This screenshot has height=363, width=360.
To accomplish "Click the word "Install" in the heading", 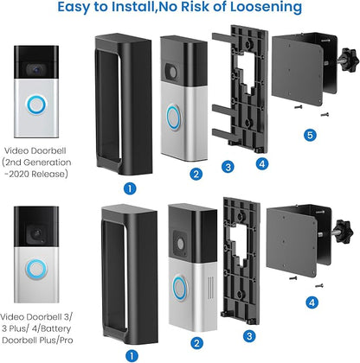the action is click(x=132, y=7).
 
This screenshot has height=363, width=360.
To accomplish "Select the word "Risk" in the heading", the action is click(x=196, y=7).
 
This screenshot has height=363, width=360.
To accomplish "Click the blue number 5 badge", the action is click(x=310, y=135).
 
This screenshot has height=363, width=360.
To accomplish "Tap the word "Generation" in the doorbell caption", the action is click(x=48, y=162).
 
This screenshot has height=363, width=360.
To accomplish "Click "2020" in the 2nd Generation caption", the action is click(x=19, y=174).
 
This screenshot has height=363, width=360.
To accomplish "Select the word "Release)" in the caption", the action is click(x=49, y=174).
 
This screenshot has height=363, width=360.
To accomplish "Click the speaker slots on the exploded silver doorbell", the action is click(x=211, y=288).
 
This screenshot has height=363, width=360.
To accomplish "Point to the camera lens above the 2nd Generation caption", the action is click(x=36, y=69).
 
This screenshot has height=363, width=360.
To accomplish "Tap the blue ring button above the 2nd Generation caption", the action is click(x=36, y=105).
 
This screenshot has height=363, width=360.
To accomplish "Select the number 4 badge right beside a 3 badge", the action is click(x=262, y=163).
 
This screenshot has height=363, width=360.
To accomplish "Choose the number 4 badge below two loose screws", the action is click(x=312, y=302).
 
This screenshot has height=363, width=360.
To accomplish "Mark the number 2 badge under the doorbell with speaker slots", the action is click(x=196, y=343).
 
